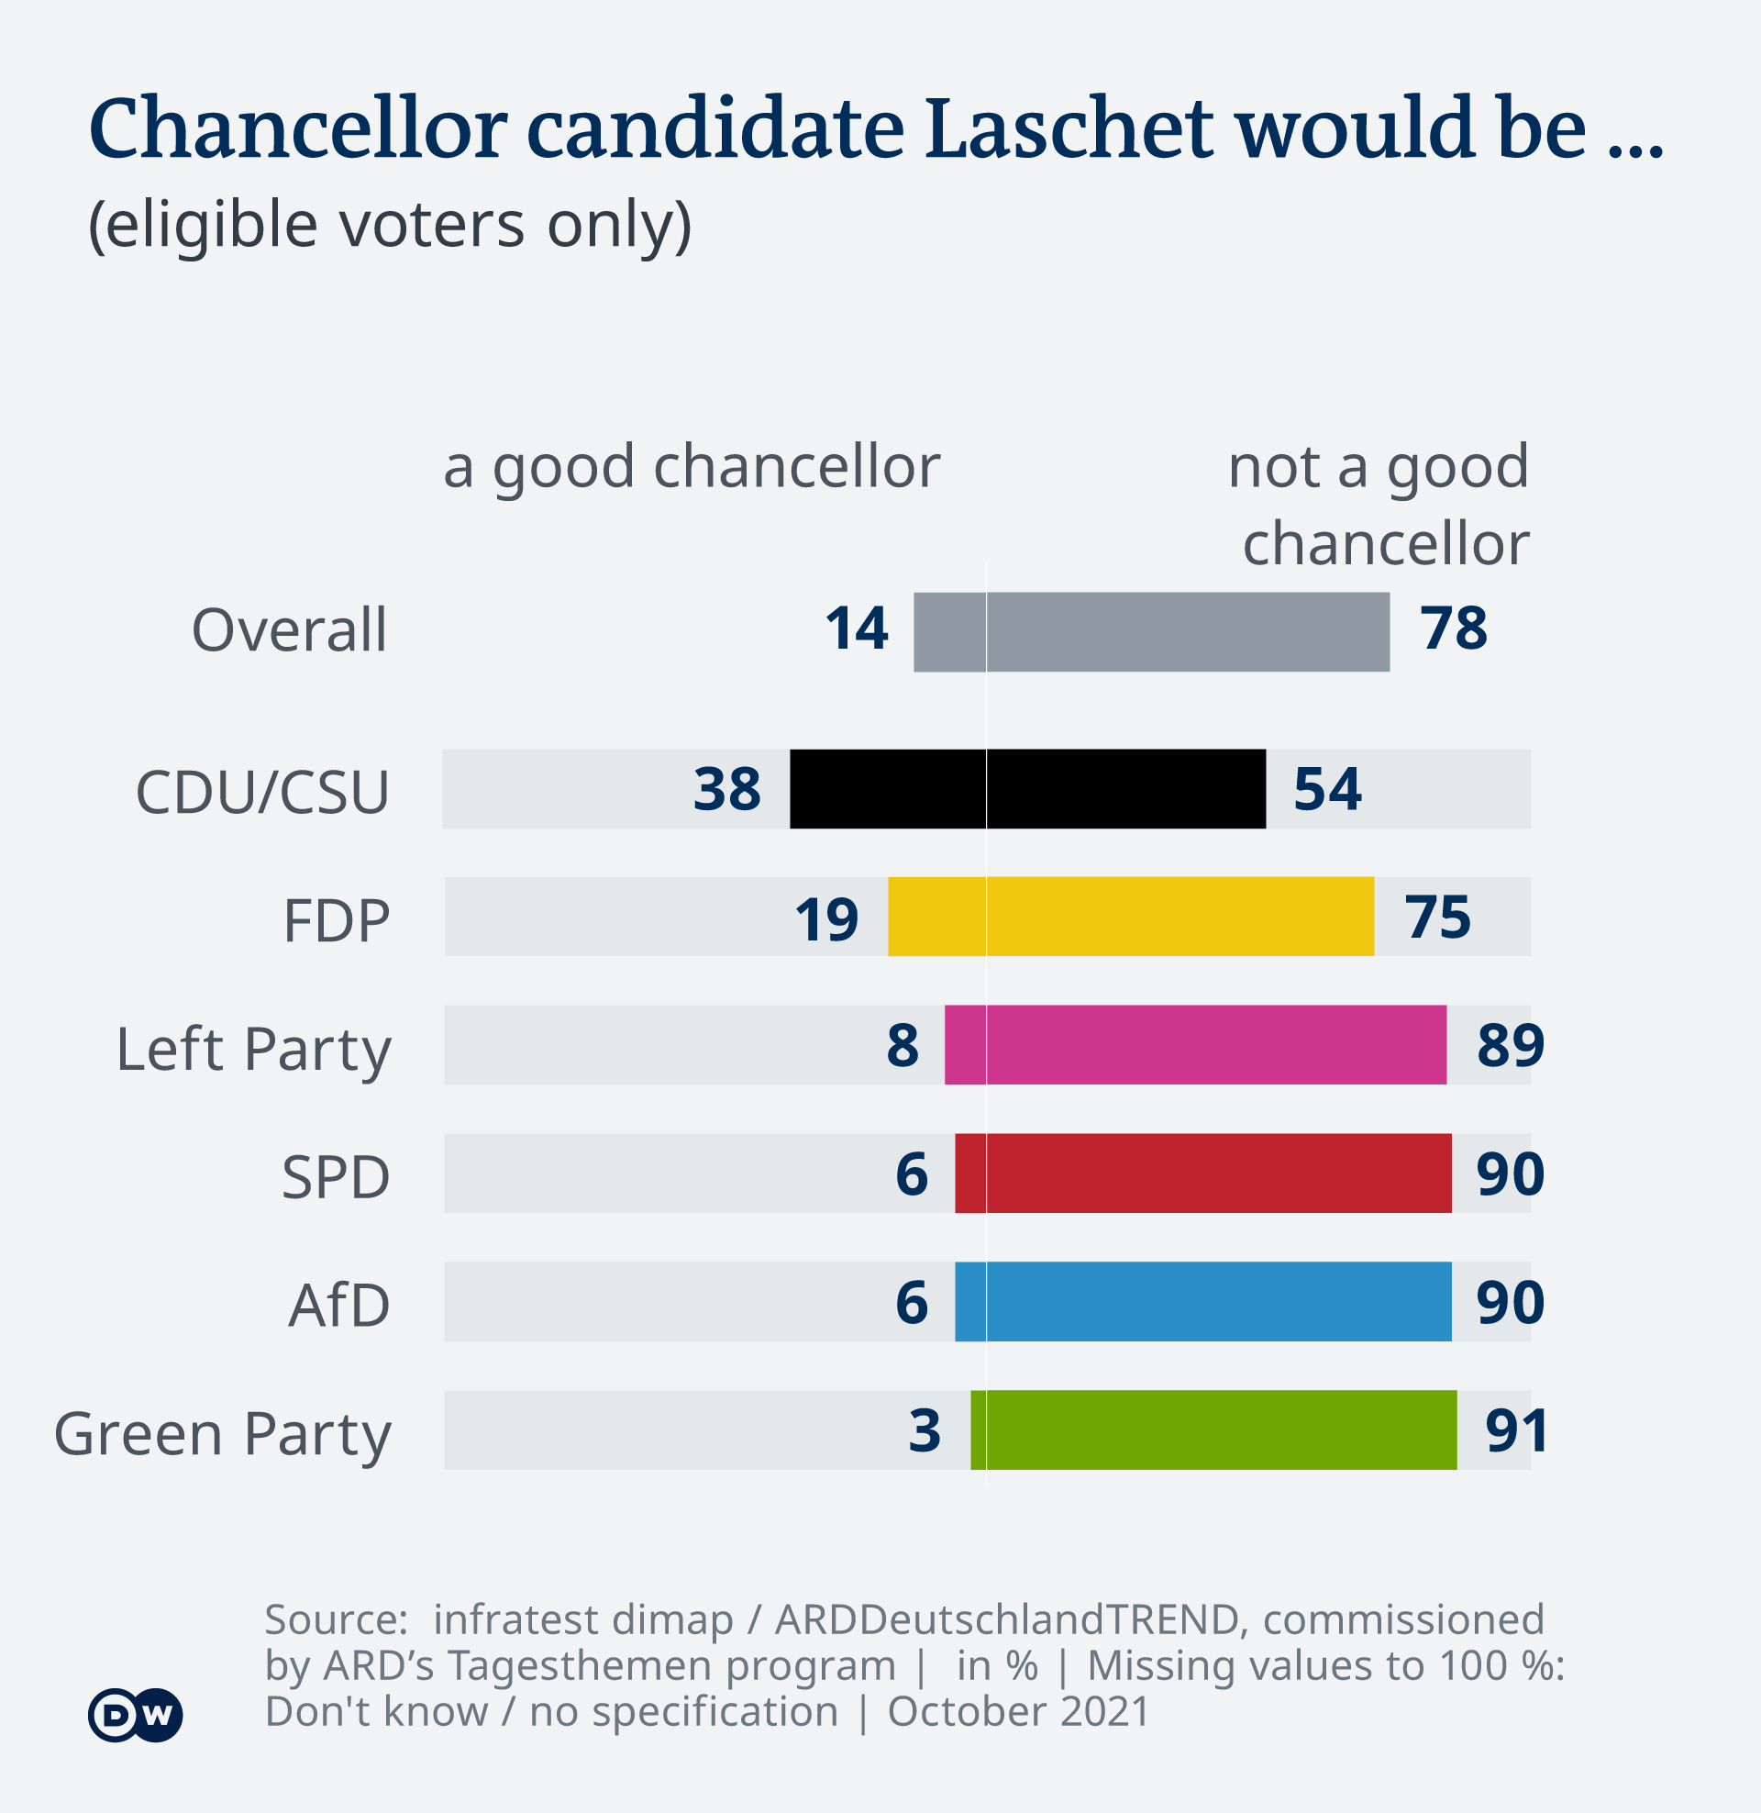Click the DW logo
click(x=135, y=1716)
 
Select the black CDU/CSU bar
click(x=1027, y=789)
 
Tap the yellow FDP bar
click(x=1130, y=917)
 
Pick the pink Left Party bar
click(x=1195, y=1044)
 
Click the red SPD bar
click(x=1202, y=1173)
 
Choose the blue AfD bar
click(x=1202, y=1301)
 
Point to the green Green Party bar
click(x=1213, y=1430)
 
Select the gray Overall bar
click(x=1150, y=632)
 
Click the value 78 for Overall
click(x=1454, y=629)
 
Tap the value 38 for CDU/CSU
click(x=727, y=790)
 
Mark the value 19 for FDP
click(x=826, y=919)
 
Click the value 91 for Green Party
click(x=1517, y=1431)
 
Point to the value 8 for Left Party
click(x=903, y=1046)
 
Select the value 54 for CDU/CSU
click(x=1327, y=790)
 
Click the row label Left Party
click(x=253, y=1050)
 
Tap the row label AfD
click(x=338, y=1306)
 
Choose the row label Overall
click(x=289, y=631)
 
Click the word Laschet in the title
click(x=1069, y=129)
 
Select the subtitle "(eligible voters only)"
click(x=390, y=225)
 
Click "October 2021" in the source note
click(x=1018, y=1711)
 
